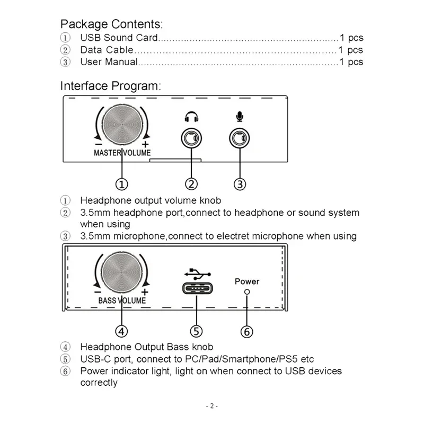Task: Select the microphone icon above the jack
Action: [240, 116]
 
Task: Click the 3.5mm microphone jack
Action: [240, 139]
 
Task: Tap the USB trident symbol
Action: [197, 275]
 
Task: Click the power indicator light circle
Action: [246, 292]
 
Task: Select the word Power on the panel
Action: [247, 281]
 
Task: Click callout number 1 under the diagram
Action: [122, 184]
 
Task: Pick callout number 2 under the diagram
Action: [191, 184]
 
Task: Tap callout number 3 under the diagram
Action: [240, 184]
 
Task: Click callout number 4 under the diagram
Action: [122, 331]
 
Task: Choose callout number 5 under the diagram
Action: [197, 331]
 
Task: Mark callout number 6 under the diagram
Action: [246, 332]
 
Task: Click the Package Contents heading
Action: [111, 24]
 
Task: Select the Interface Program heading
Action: [110, 86]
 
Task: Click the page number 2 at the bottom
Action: [211, 406]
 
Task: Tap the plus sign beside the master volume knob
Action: [145, 145]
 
